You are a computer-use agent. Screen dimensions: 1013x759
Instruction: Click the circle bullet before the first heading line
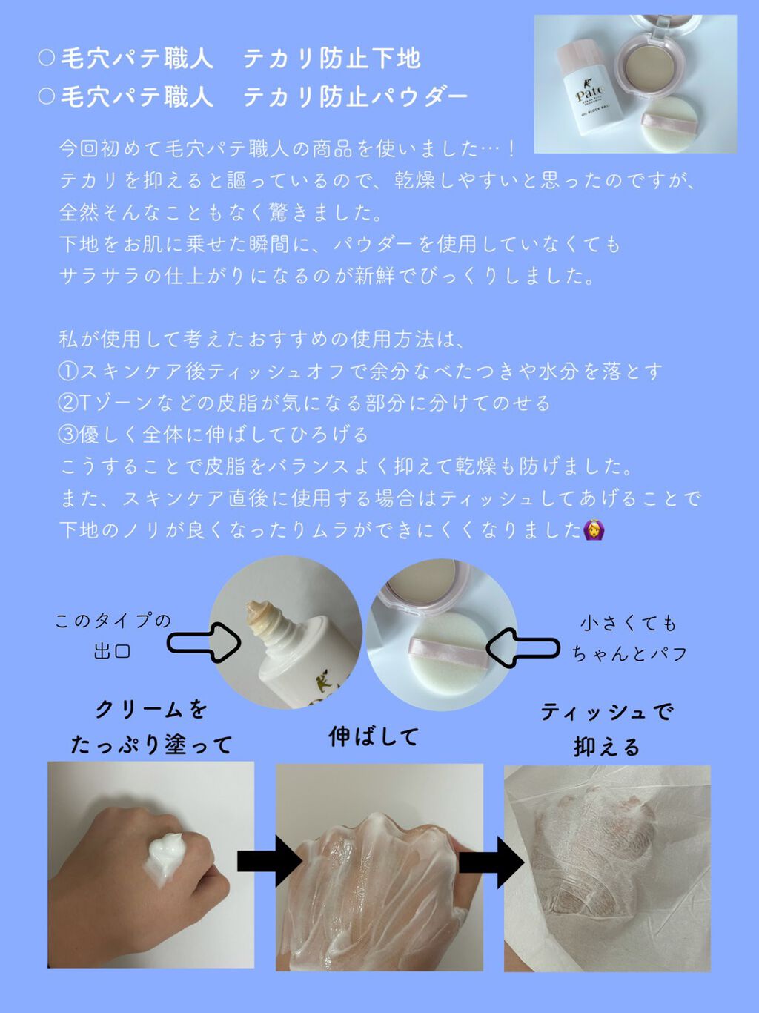point(46,58)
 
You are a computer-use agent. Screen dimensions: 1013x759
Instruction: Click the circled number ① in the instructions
point(67,371)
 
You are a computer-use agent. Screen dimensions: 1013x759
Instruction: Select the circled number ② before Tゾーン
point(67,403)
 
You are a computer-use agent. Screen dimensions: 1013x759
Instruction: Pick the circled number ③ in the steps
point(67,435)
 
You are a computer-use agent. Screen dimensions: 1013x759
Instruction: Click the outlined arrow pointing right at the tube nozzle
point(203,641)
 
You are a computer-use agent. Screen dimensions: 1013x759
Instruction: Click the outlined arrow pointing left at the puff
point(523,647)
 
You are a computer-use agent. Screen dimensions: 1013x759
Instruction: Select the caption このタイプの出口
point(113,636)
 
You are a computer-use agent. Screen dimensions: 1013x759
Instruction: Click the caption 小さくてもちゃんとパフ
point(629,639)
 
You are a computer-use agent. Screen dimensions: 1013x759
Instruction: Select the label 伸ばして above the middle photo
point(374,736)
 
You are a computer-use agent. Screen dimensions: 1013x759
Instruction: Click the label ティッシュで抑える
point(607,729)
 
